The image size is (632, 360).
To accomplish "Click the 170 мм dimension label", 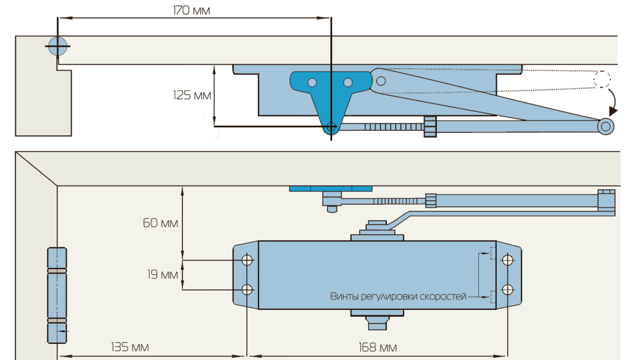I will click(x=192, y=10).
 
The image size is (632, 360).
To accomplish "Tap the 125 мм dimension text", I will click(x=192, y=96).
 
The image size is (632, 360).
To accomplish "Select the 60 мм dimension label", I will click(x=160, y=223).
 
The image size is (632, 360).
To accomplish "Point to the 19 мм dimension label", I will click(x=162, y=274).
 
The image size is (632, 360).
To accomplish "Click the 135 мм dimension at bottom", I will click(x=130, y=347).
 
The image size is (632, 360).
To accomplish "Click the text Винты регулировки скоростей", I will click(x=398, y=296).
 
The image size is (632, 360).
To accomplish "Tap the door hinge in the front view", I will click(x=57, y=295).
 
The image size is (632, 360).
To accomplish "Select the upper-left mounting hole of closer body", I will click(x=247, y=260).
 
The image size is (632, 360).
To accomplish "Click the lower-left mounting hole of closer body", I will click(x=247, y=289).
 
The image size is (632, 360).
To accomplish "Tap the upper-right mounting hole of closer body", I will click(x=507, y=260).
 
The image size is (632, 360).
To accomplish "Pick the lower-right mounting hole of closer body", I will click(x=507, y=289).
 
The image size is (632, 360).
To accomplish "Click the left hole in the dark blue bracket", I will click(x=312, y=82).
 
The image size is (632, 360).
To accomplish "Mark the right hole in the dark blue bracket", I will click(x=347, y=82).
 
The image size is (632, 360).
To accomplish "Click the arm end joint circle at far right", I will click(x=605, y=127).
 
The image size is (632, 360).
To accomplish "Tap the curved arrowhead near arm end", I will click(x=612, y=111).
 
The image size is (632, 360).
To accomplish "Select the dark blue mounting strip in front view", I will click(x=331, y=188).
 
